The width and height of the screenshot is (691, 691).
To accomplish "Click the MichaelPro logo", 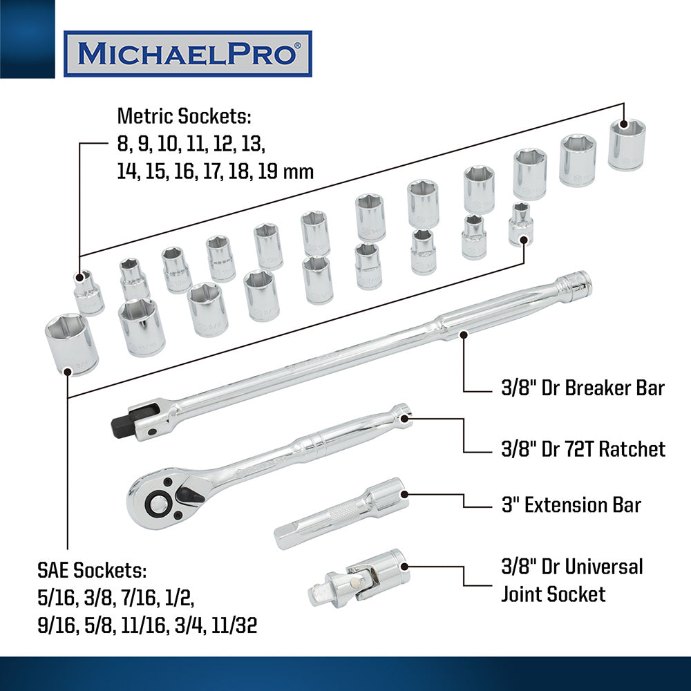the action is click(188, 54).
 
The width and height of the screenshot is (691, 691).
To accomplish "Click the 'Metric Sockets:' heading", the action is click(184, 116).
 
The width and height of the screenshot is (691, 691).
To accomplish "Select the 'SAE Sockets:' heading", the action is click(92, 570).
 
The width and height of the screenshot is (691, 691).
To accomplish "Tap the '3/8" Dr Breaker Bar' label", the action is click(583, 388).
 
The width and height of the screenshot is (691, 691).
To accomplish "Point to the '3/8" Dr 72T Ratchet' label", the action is click(583, 449).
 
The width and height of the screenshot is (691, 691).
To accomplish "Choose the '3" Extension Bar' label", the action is click(571, 505).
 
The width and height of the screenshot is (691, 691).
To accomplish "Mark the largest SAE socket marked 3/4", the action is click(71, 344).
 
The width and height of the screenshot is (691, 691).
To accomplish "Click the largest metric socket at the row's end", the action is click(627, 144).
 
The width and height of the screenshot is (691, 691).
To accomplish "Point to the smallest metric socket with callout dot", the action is click(88, 292).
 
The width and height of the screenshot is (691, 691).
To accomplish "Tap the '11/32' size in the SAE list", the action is click(234, 625).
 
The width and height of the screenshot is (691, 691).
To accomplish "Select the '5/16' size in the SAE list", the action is click(56, 598).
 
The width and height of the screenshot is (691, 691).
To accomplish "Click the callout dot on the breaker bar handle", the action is click(463, 334).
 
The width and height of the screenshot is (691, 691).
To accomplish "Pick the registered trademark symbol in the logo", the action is click(298, 45).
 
